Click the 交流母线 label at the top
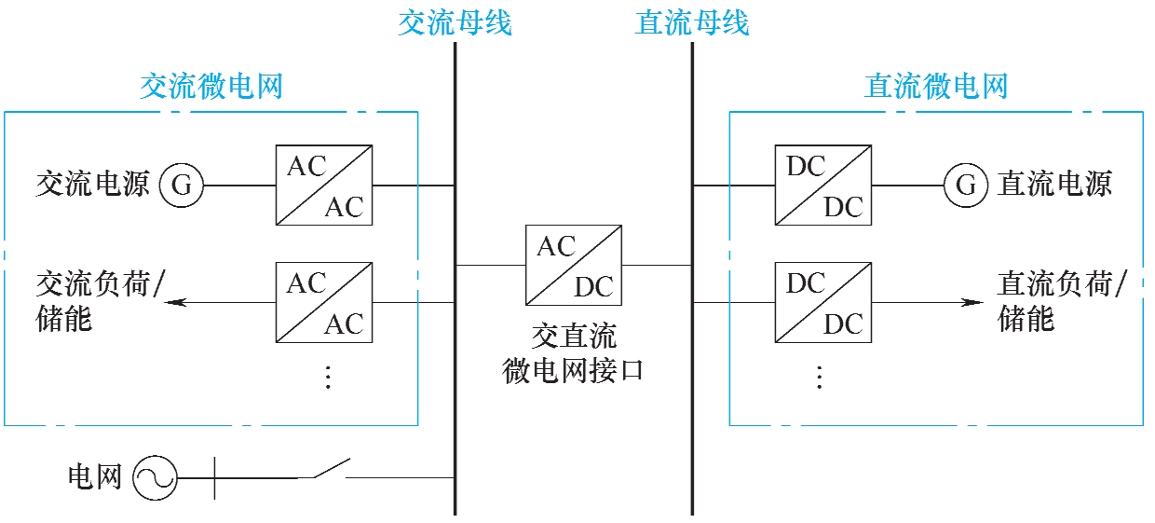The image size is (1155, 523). pos(455,22)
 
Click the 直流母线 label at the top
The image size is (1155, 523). pos(692,22)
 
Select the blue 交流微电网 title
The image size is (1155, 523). pos(211,87)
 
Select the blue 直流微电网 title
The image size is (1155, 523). pos(936,87)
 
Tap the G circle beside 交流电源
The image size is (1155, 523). pos(182,186)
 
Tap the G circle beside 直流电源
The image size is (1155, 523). pos(966,186)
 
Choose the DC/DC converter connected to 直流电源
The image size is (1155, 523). pos(823,185)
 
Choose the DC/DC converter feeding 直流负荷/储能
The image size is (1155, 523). pos(823,302)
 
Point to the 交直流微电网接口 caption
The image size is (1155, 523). pos(573,355)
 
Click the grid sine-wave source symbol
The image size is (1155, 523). pos(155,478)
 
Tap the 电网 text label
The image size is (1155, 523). pos(95,478)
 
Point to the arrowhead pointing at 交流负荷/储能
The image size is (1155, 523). pos(179,302)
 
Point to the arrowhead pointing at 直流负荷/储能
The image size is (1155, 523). pos(972,302)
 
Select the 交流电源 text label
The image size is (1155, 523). pos(92,184)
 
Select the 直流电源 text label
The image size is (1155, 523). pos(1054,184)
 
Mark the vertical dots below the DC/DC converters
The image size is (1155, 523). pos(820,377)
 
